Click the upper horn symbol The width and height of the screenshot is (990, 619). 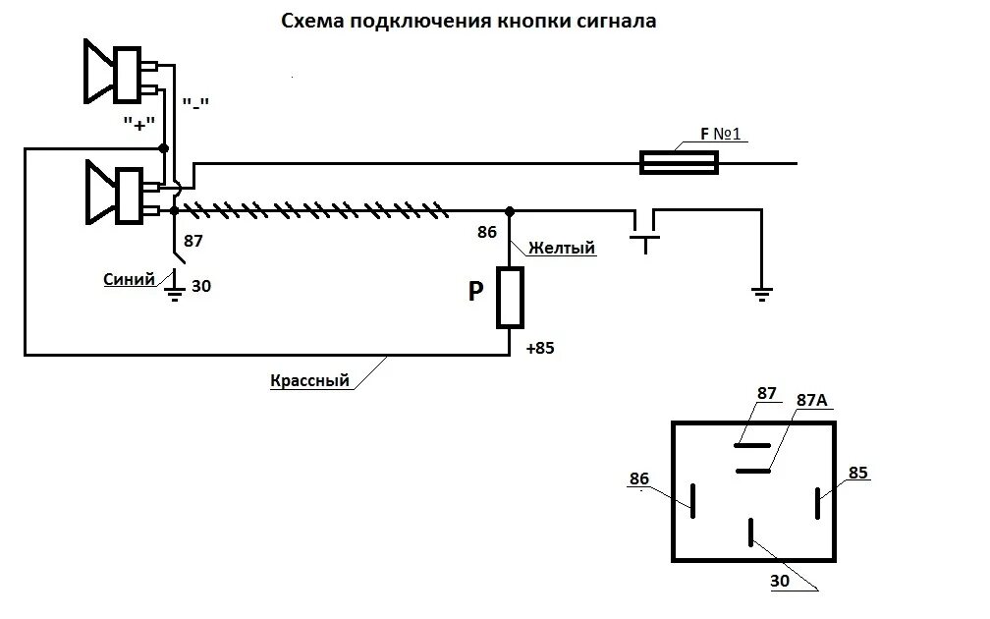click(118, 72)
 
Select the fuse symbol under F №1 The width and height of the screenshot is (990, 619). click(679, 162)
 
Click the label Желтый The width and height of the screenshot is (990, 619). click(562, 249)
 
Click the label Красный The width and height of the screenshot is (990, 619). click(309, 380)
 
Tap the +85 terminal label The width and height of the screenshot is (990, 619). click(539, 348)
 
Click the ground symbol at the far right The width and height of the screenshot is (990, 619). click(761, 291)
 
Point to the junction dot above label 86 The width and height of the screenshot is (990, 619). click(509, 209)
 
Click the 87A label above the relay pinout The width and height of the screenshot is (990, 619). click(812, 400)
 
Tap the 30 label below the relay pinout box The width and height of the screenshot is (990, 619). click(780, 580)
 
